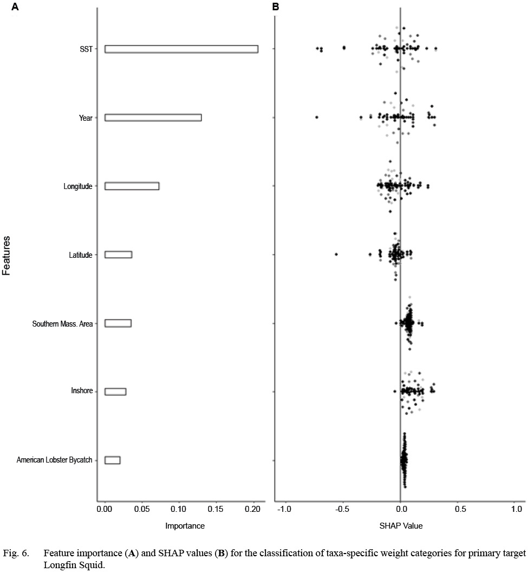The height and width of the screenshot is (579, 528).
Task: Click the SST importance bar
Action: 181,49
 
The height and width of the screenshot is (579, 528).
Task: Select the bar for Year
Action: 153,118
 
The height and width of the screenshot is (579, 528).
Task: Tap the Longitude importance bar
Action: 132,186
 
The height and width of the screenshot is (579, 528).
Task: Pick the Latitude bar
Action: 118,255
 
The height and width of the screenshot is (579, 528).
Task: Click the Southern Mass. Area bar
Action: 118,323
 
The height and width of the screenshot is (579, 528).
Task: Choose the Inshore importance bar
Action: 115,392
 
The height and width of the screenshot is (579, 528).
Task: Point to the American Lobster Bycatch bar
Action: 112,460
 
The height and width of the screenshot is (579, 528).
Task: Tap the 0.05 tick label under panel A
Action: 142,509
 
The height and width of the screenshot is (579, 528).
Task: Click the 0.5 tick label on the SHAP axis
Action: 458,509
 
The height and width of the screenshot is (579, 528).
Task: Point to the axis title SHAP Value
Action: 401,526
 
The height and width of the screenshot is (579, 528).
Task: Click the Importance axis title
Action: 185,526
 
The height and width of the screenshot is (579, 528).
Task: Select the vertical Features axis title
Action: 7,255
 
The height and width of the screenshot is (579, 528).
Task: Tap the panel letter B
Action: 276,7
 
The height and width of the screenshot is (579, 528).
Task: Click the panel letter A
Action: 15,7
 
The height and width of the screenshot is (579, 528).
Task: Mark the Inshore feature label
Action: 82,392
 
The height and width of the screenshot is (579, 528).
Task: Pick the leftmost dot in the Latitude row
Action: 336,254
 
